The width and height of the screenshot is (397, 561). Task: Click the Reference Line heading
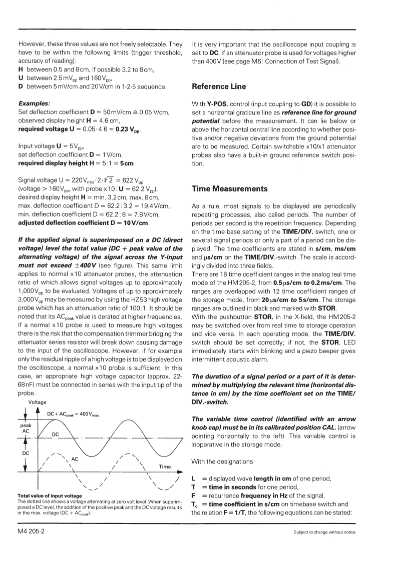click(219, 86)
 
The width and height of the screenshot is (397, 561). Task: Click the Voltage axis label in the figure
click(37, 402)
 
